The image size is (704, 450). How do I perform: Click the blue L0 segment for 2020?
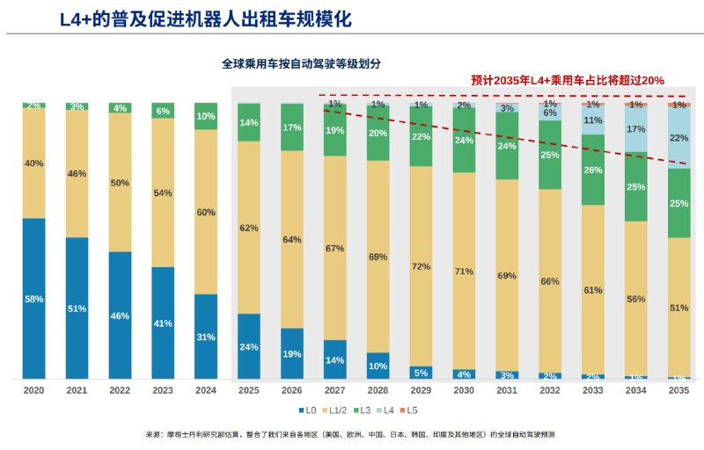(33, 299)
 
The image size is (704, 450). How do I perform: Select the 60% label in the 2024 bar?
(206, 212)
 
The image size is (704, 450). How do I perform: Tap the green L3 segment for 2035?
(678, 203)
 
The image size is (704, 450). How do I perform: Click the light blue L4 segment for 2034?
(635, 130)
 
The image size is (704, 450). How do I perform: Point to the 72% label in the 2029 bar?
(421, 266)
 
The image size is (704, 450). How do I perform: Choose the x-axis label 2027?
(335, 390)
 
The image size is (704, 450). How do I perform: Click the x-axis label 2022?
(120, 390)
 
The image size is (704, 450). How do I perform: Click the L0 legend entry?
(307, 410)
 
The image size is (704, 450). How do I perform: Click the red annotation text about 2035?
(568, 80)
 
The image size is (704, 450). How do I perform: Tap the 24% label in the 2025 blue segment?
(249, 347)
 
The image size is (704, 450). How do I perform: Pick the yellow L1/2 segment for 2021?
(77, 174)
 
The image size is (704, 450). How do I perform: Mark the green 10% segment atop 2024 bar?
(206, 116)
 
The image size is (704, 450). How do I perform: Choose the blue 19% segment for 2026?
(292, 353)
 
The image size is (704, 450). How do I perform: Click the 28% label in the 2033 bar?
(592, 170)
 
